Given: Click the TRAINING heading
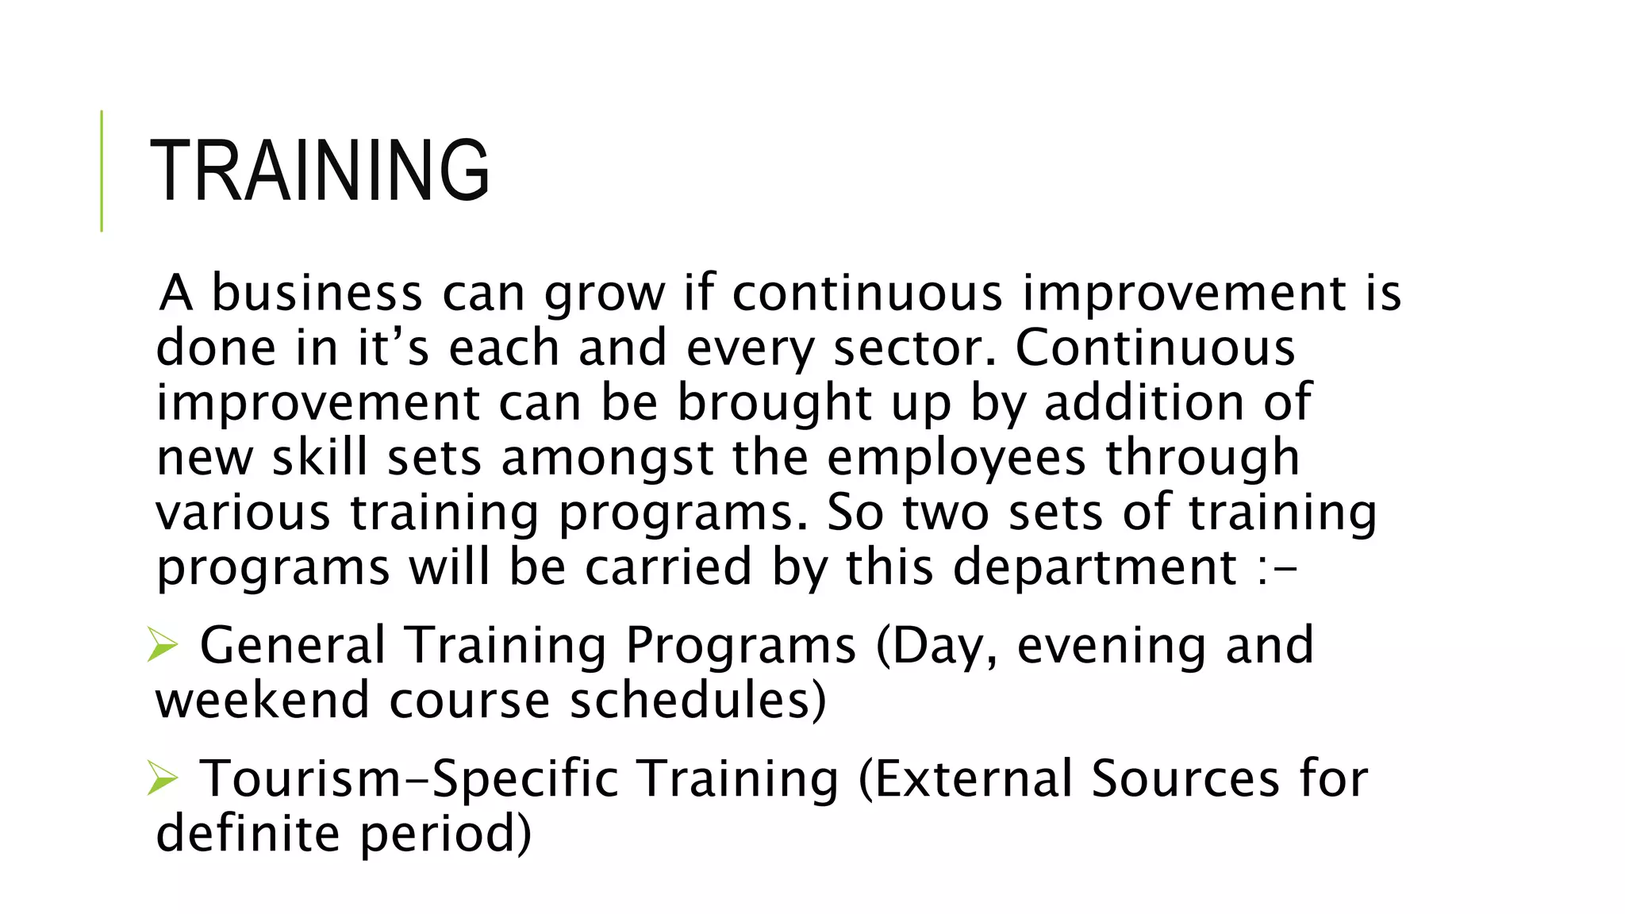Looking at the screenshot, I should tap(320, 171).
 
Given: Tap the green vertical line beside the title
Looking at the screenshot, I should tap(102, 171).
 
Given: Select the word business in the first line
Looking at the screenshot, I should tap(317, 293).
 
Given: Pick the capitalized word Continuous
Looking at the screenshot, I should tap(1154, 348).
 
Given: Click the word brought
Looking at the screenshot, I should tap(774, 404).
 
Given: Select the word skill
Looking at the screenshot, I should tap(320, 458).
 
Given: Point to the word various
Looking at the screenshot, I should tap(242, 513).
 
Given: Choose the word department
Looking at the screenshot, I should tap(1095, 568).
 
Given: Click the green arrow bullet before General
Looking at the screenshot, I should tap(162, 644).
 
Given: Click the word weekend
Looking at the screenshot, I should tap(263, 700).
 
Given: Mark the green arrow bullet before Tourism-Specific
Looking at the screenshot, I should tap(162, 778).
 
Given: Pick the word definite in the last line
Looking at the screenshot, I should tap(248, 833).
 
